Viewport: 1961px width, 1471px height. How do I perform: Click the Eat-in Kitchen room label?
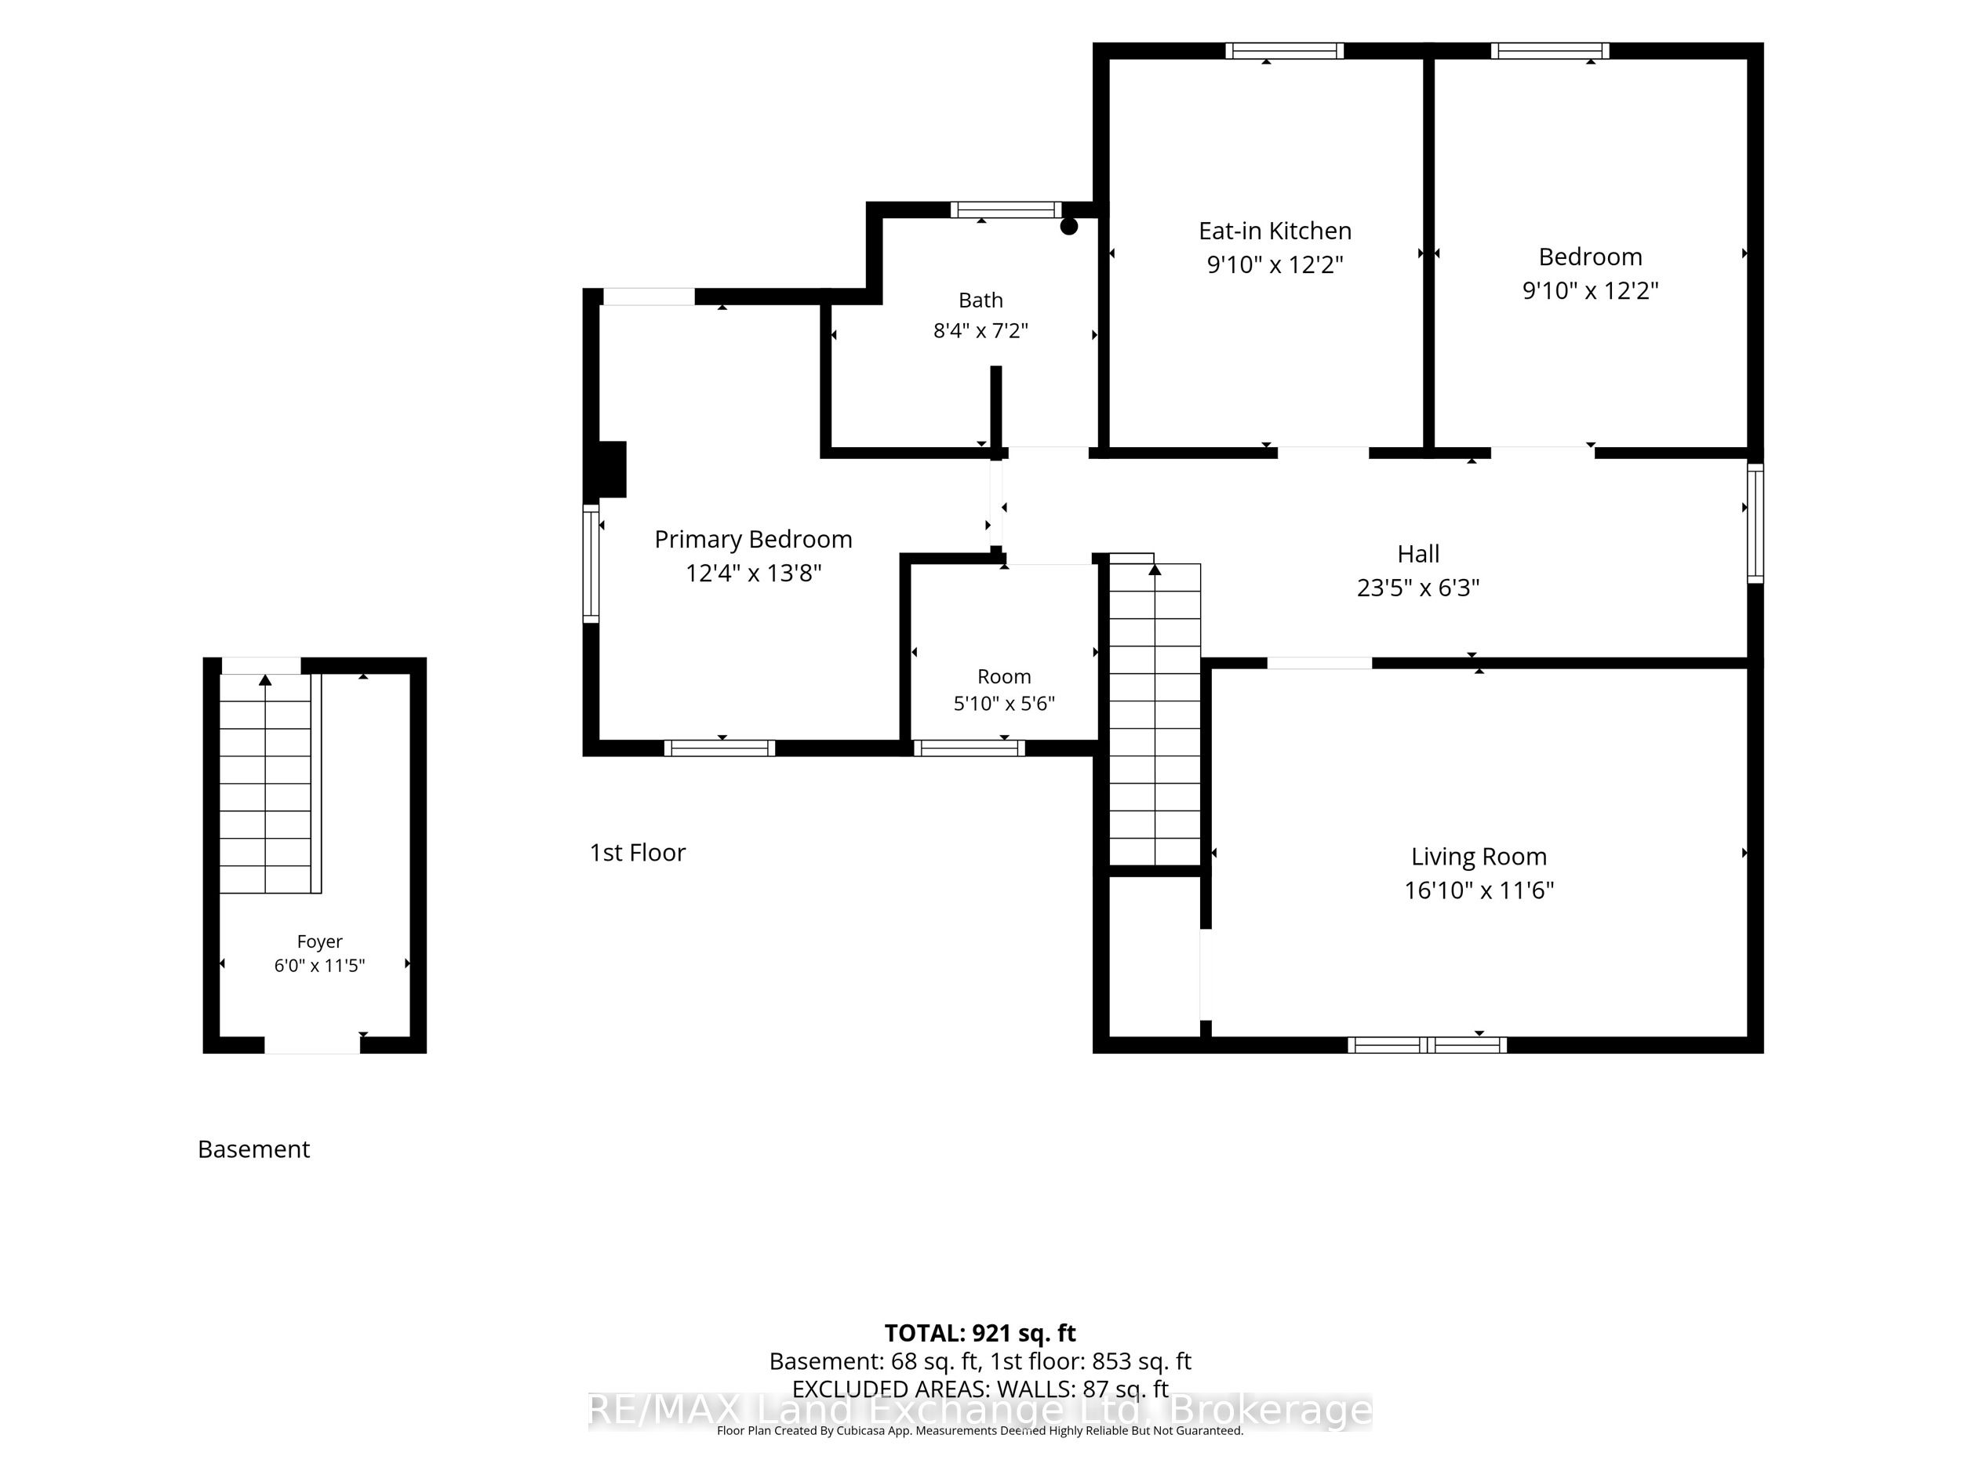click(x=1275, y=231)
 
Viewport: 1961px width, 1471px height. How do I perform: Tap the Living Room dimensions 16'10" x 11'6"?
click(x=1479, y=890)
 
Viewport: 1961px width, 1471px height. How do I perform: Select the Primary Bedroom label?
click(x=754, y=539)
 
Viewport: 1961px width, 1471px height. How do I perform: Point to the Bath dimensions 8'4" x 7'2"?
click(x=980, y=331)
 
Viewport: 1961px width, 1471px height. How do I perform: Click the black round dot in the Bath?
click(x=1069, y=226)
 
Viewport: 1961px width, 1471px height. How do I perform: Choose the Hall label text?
click(x=1418, y=554)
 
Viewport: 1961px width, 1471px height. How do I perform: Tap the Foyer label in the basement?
click(x=319, y=941)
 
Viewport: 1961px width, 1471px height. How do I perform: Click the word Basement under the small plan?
click(x=253, y=1149)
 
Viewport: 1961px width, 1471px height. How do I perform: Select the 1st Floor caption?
click(x=638, y=852)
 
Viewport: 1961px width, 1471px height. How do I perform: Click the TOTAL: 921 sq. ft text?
click(x=980, y=1333)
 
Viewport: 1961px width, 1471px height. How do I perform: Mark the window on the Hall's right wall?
click(x=1755, y=523)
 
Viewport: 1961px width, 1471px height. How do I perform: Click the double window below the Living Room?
click(x=1428, y=1046)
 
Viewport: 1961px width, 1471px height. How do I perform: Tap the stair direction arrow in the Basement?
click(x=265, y=680)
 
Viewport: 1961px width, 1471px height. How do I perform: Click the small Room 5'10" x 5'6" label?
click(x=1003, y=690)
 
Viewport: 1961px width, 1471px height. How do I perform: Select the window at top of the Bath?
click(x=1006, y=210)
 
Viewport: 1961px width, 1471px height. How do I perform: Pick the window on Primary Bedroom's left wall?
click(x=591, y=564)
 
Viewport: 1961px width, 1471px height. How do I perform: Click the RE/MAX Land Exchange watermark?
click(x=980, y=1411)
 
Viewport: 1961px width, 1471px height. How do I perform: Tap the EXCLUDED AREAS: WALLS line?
click(x=980, y=1389)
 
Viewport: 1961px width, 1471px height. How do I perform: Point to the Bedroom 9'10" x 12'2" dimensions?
click(x=1591, y=291)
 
